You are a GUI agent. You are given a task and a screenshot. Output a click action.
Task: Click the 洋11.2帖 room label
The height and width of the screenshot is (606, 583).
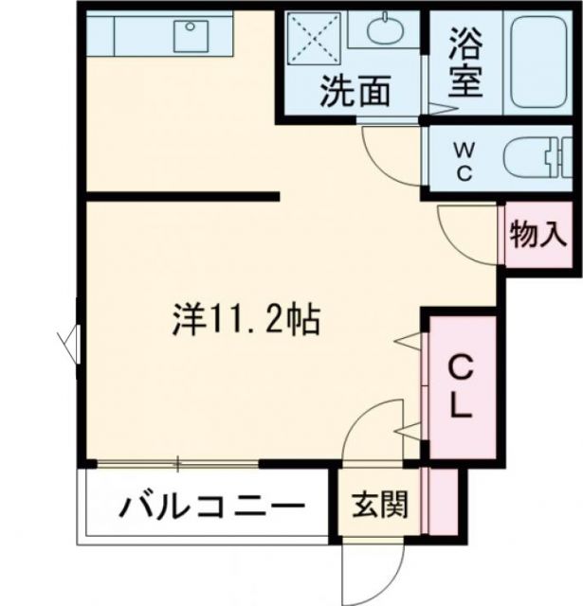[246, 322]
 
